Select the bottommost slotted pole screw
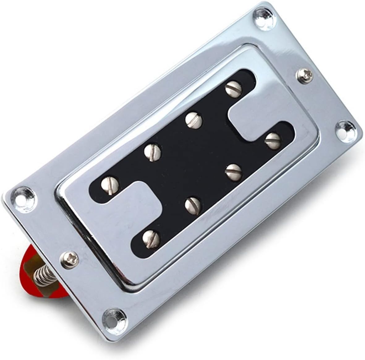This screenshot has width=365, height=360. (151, 238)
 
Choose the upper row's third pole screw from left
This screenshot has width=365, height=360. (193, 119)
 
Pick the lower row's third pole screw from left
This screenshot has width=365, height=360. (233, 169)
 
